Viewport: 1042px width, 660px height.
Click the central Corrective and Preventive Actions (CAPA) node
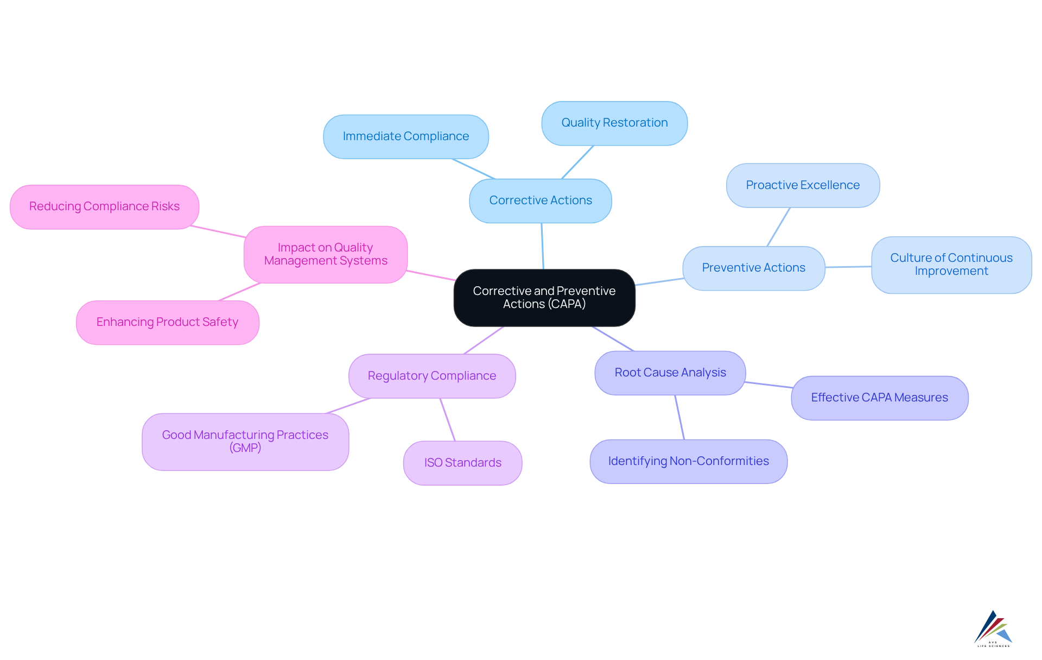544,298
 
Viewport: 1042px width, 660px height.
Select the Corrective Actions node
541,200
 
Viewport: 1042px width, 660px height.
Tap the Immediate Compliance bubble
406,136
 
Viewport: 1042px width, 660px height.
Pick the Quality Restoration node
614,123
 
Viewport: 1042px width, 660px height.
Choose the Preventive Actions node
754,268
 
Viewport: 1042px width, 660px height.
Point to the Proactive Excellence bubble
803,185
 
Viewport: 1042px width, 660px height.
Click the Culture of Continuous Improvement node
951,265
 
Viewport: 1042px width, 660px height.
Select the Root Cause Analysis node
670,373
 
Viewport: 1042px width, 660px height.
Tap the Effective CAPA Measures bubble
879,398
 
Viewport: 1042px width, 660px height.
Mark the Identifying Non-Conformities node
688,461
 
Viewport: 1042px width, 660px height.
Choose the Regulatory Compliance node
432,376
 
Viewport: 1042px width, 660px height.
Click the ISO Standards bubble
462,463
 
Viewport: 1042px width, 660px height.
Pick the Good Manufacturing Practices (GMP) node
245,442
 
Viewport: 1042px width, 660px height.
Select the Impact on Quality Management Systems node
326,254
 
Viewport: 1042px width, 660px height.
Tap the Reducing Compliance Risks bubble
104,206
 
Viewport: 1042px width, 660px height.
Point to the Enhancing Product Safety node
167,322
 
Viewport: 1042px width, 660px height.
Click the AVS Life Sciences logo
993,628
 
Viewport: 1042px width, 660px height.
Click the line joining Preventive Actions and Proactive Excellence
779,227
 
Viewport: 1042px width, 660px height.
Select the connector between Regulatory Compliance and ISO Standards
448,420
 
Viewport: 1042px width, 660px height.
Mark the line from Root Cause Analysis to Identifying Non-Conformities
679,417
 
